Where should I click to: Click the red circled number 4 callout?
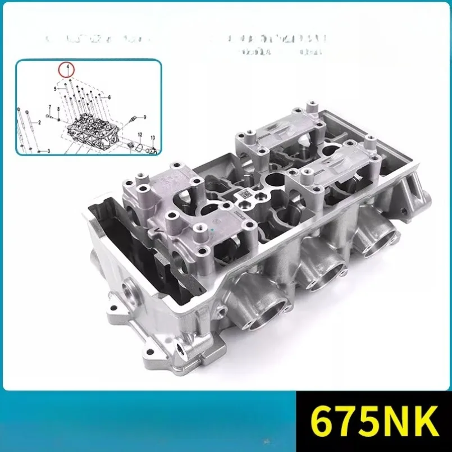point(67,70)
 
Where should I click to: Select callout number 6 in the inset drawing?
point(109,97)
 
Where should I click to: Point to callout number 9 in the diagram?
point(144,117)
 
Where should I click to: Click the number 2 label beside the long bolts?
point(40,122)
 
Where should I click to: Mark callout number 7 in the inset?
point(49,107)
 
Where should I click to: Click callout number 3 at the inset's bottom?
point(48,151)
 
